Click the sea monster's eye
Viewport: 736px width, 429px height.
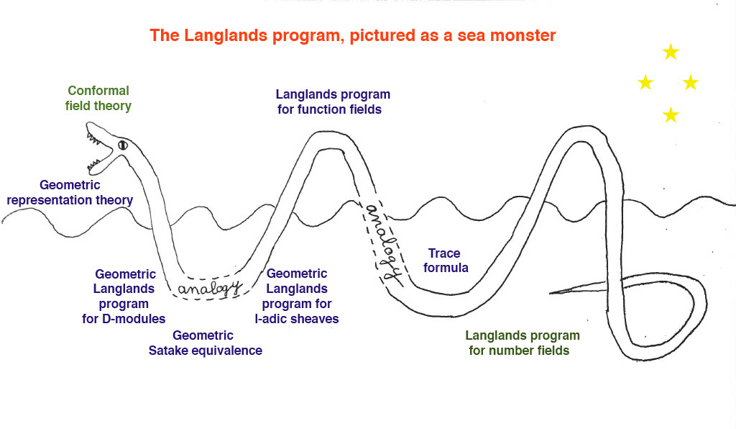122,145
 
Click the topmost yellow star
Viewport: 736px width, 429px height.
671,52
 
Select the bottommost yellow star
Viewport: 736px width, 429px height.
671,114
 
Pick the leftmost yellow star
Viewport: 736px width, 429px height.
645,83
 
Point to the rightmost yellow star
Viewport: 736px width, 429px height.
690,83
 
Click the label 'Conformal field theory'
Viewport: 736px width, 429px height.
98,99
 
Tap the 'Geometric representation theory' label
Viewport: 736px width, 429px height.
70,192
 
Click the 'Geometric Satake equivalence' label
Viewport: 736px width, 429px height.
205,343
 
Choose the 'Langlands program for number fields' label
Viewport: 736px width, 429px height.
523,343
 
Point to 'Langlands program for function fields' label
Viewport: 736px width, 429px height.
333,102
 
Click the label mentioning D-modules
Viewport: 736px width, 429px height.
125,297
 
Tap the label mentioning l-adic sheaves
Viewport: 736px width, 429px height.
300,296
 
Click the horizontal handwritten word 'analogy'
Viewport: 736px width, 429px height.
208,289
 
